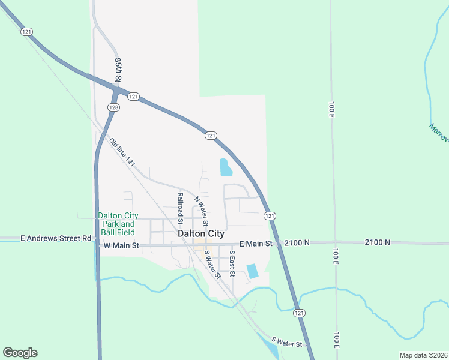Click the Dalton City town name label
(201, 233)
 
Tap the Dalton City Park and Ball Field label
(118, 224)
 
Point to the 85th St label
(118, 70)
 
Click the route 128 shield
(113, 107)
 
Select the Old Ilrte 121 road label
(122, 152)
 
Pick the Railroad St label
(180, 205)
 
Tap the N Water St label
(201, 210)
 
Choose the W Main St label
(121, 245)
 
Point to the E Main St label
(256, 244)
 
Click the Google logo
(20, 353)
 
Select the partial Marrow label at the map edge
(439, 133)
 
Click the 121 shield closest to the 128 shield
(133, 97)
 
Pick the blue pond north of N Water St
(226, 167)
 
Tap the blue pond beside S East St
(253, 271)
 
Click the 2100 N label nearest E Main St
(297, 243)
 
